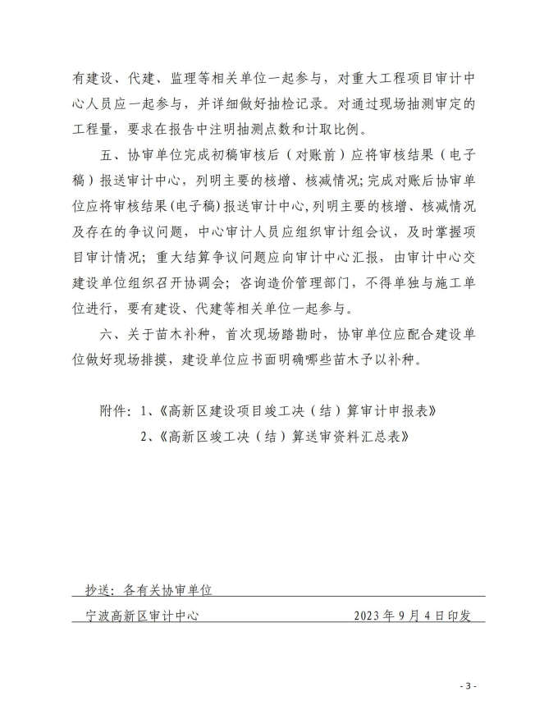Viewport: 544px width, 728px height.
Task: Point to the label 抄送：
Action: point(102,589)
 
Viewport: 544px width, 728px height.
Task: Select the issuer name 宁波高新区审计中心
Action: point(143,615)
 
